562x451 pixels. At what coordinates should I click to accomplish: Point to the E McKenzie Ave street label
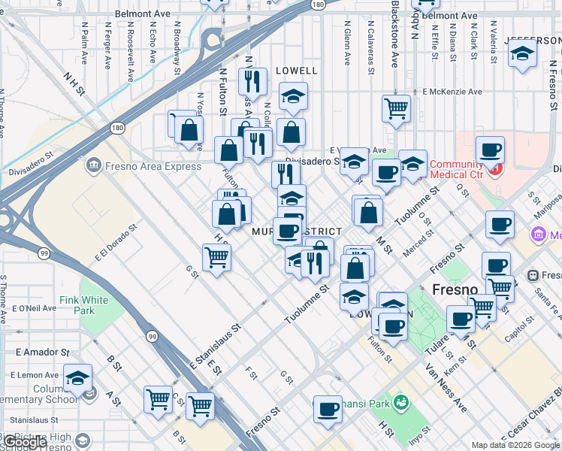pos(452,92)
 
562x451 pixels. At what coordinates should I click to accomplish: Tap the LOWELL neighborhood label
pos(297,70)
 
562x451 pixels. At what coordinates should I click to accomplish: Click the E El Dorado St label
pos(116,243)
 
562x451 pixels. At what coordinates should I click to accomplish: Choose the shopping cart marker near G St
pos(217,258)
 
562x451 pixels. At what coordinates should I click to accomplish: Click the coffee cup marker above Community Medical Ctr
pos(490,150)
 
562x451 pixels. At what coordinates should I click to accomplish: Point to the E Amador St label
pos(42,352)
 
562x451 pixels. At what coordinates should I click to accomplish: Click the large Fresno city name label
pos(455,289)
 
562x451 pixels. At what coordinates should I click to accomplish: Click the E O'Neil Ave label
pos(37,308)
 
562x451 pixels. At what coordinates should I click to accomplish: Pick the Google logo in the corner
pos(25,442)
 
